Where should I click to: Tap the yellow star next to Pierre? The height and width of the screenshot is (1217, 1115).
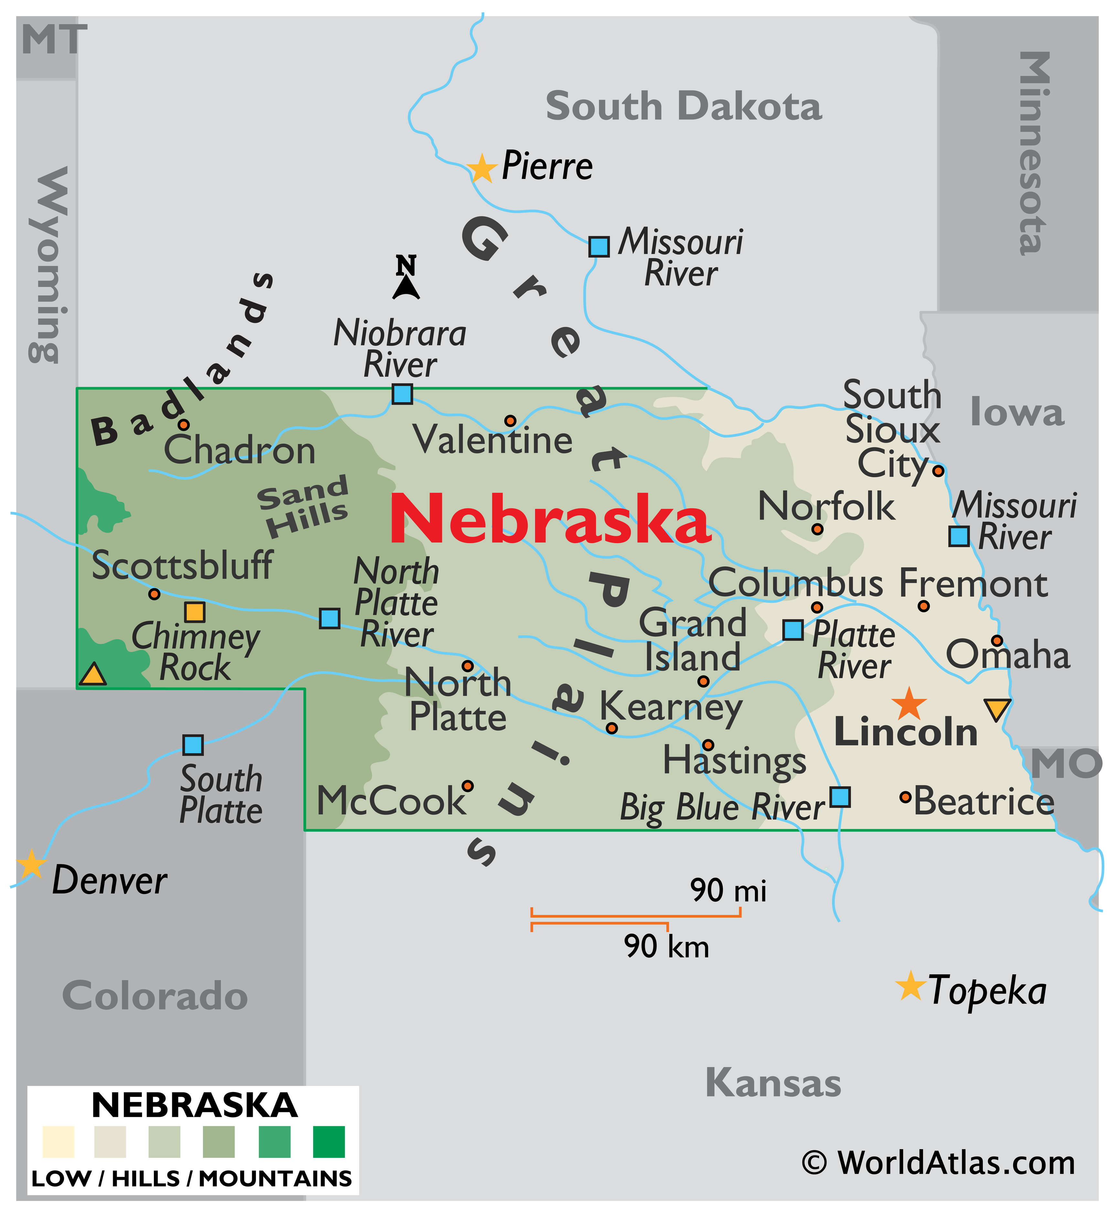coord(482,168)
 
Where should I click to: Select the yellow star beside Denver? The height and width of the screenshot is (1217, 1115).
coord(30,865)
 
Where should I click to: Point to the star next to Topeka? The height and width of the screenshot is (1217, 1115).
coord(910,986)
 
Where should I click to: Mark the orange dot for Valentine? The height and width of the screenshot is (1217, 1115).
coord(510,421)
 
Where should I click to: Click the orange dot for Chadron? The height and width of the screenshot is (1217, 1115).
coord(184,425)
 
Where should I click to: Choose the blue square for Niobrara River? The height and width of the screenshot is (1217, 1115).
coord(402,394)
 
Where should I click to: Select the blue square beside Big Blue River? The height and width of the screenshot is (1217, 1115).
coord(840,797)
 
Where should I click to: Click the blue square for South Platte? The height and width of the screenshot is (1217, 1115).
coord(193,745)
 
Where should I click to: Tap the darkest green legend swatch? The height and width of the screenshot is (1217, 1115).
coord(329,1141)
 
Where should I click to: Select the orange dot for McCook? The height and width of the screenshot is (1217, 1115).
coord(468,786)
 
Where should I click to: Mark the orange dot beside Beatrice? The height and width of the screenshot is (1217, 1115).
coord(905,797)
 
